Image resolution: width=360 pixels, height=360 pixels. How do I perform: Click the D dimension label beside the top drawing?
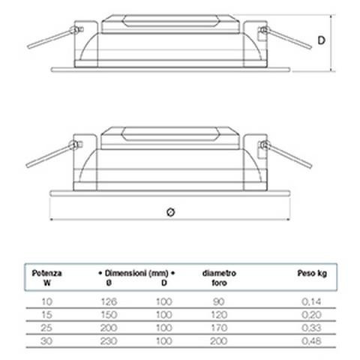click(321, 40)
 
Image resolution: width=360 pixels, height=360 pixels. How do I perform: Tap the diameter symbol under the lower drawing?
click(170, 212)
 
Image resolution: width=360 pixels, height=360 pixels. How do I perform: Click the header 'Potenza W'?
click(46, 277)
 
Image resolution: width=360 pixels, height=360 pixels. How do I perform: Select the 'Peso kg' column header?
click(312, 273)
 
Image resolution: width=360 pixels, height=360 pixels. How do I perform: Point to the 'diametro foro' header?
click(219, 277)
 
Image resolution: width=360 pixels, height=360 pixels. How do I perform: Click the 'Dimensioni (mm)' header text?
click(136, 273)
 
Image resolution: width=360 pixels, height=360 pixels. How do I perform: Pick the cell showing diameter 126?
click(109, 301)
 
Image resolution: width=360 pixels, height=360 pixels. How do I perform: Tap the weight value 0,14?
click(311, 301)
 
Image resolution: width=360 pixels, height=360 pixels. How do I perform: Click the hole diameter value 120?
click(219, 315)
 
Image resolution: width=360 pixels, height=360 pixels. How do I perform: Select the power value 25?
click(46, 328)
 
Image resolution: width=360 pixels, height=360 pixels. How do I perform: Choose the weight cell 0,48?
click(311, 341)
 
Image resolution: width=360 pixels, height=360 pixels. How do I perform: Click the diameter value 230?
click(109, 341)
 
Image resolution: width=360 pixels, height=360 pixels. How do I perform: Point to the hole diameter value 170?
click(219, 328)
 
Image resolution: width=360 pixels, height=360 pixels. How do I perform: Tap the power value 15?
click(46, 315)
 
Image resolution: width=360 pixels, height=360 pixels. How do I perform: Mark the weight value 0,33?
click(311, 328)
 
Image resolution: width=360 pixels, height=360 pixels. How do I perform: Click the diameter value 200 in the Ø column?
click(109, 328)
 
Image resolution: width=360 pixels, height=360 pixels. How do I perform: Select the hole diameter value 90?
click(218, 301)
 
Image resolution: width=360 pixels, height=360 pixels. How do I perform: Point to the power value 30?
click(46, 341)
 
